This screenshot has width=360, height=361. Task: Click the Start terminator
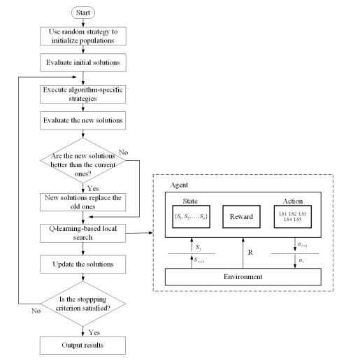click(83, 12)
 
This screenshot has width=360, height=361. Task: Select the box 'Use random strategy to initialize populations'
click(83, 36)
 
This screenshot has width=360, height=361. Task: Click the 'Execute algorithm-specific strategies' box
click(83, 94)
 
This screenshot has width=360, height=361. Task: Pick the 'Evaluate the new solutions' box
click(83, 121)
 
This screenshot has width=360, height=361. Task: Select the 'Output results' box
click(83, 346)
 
